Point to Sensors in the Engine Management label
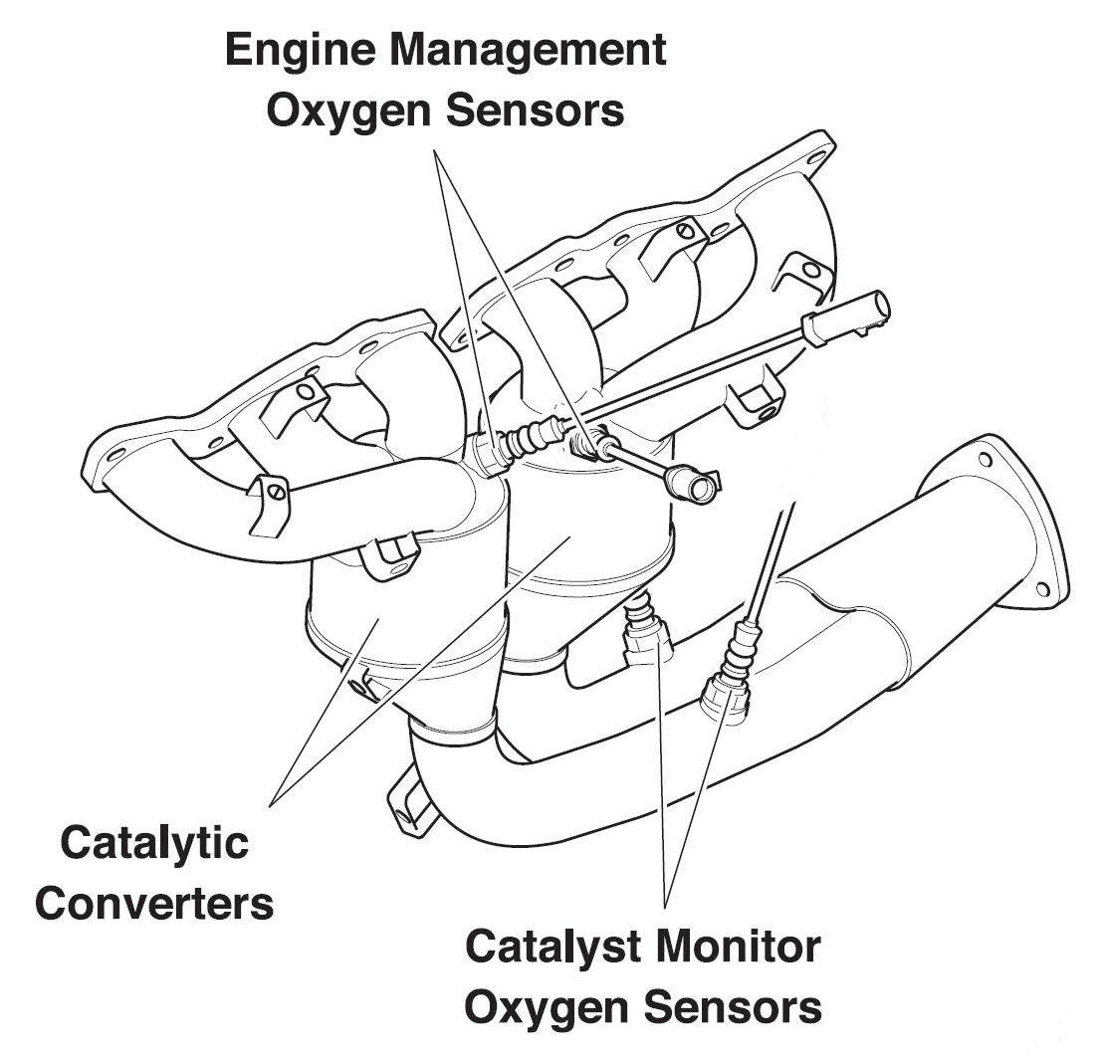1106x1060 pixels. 536,110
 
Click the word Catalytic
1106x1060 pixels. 154,844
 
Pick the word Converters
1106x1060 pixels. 154,904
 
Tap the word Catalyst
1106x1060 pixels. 553,949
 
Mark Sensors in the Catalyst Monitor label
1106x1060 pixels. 734,1007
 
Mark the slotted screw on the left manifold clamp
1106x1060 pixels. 277,491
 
